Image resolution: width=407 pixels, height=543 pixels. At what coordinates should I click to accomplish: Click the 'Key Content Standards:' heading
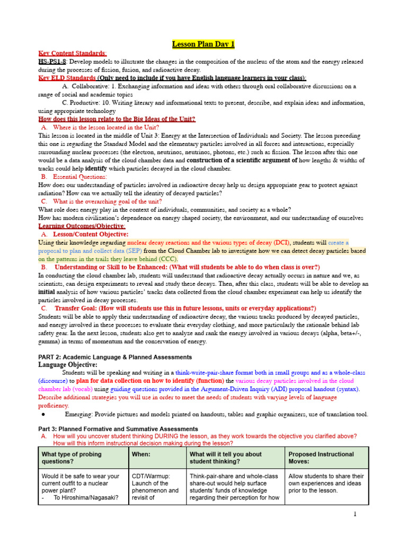pyautogui.click(x=73, y=54)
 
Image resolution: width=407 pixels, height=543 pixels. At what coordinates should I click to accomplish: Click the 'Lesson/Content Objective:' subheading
pyautogui.click(x=90, y=234)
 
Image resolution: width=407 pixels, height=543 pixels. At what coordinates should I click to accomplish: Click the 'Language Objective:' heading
pyautogui.click(x=68, y=365)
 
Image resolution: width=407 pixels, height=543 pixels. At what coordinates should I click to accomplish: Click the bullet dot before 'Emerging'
pyautogui.click(x=42, y=414)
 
